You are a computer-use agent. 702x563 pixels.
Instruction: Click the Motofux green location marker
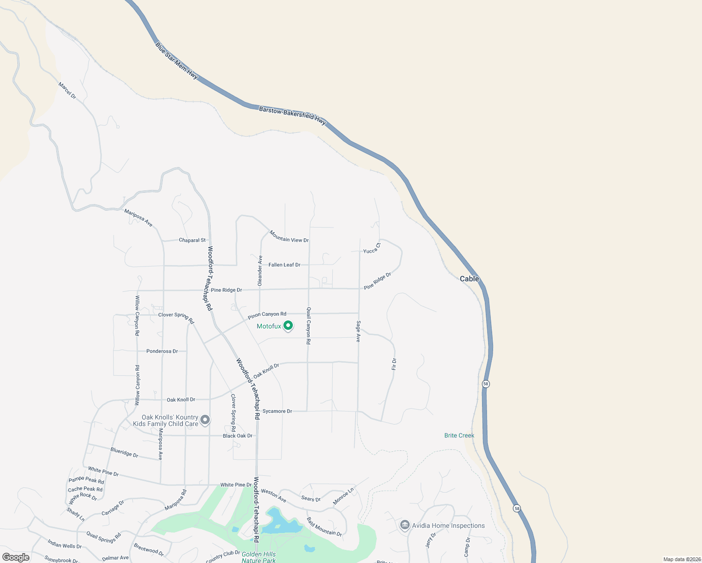click(x=288, y=325)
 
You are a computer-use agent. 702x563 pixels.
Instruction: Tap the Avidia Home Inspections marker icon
click(x=404, y=525)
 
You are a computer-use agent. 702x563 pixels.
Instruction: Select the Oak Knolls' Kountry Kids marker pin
click(x=205, y=419)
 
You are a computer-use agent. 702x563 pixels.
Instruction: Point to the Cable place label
click(x=469, y=279)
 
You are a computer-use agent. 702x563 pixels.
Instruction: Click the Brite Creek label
click(x=459, y=435)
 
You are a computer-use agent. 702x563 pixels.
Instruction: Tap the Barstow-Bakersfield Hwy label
click(x=292, y=115)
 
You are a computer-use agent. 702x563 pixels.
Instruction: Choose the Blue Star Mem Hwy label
click(x=176, y=61)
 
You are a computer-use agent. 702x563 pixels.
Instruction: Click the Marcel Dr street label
click(x=67, y=91)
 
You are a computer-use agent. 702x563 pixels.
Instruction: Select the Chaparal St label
click(x=192, y=240)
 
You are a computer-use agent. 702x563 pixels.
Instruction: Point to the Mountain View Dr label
click(x=289, y=236)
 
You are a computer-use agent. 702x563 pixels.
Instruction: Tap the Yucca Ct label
click(x=372, y=248)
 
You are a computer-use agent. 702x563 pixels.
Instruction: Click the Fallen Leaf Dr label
click(x=284, y=265)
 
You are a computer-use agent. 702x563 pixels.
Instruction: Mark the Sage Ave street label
click(x=358, y=331)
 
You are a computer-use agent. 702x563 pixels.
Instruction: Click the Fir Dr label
click(x=394, y=364)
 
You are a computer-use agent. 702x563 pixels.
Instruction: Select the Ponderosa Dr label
click(x=162, y=351)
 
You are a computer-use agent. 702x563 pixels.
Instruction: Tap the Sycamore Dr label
click(x=277, y=411)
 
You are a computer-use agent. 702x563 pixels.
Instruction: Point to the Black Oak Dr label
click(x=237, y=436)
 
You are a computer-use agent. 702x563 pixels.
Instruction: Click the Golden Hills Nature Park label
click(x=259, y=557)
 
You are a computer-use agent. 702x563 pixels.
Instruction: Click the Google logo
click(x=16, y=557)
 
